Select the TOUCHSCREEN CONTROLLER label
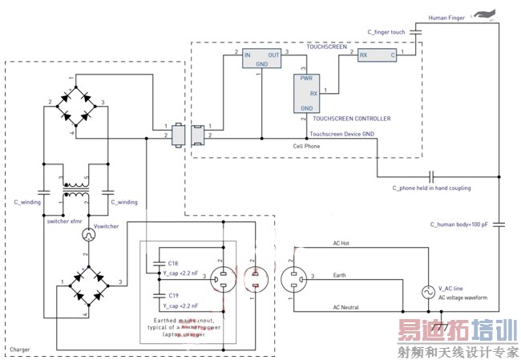click(351, 119)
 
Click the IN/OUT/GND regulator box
click(263, 61)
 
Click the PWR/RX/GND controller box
click(306, 93)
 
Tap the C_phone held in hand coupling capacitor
click(431, 176)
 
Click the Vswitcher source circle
click(90, 235)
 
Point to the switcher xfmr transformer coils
click(77, 192)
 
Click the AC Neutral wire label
click(347, 306)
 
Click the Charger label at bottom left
click(22, 350)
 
